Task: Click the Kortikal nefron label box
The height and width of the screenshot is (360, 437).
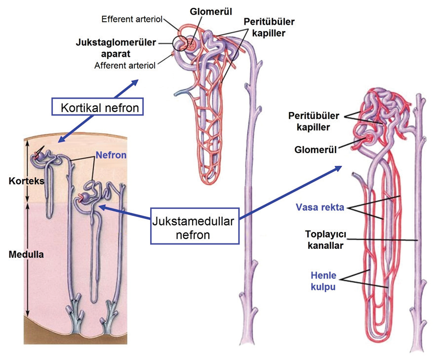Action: coord(97,107)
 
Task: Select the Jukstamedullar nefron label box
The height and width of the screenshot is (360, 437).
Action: coord(195,226)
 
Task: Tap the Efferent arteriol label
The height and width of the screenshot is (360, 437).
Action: coord(132,19)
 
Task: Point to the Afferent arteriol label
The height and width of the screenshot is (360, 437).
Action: coord(125,66)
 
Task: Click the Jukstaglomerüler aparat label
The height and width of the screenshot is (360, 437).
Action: coord(116,48)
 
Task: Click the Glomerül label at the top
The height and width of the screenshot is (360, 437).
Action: coord(211,12)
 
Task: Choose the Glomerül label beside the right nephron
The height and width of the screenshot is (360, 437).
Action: coord(316,150)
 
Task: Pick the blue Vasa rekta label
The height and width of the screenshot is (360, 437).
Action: coord(320,207)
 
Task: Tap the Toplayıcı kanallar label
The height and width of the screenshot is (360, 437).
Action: coord(325,240)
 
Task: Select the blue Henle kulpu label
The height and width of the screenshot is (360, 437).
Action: coord(323,281)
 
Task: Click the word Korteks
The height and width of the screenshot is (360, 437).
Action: coord(27,181)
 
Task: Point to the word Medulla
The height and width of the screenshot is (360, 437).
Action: coord(26,254)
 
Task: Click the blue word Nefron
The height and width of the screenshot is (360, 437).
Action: coord(111,155)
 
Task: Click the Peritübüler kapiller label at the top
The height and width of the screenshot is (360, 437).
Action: coord(269,27)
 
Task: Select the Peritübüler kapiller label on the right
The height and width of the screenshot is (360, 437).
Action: coord(314,121)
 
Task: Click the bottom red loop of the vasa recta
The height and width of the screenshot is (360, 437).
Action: coord(379,339)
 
